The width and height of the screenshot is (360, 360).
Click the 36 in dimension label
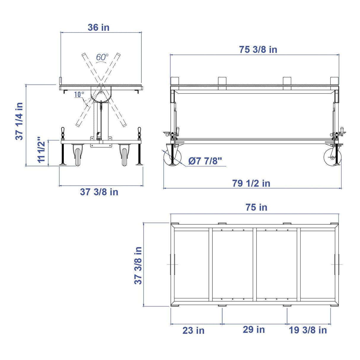98,28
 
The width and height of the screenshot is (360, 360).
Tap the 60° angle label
102,57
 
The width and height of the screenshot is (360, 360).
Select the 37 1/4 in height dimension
19,121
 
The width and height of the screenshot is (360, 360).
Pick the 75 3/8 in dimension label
258,50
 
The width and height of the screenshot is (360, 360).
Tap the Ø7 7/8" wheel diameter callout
205,161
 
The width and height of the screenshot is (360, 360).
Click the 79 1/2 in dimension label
251,183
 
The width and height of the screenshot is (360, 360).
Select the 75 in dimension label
256,207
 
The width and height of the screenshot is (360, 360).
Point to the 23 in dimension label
193,330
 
